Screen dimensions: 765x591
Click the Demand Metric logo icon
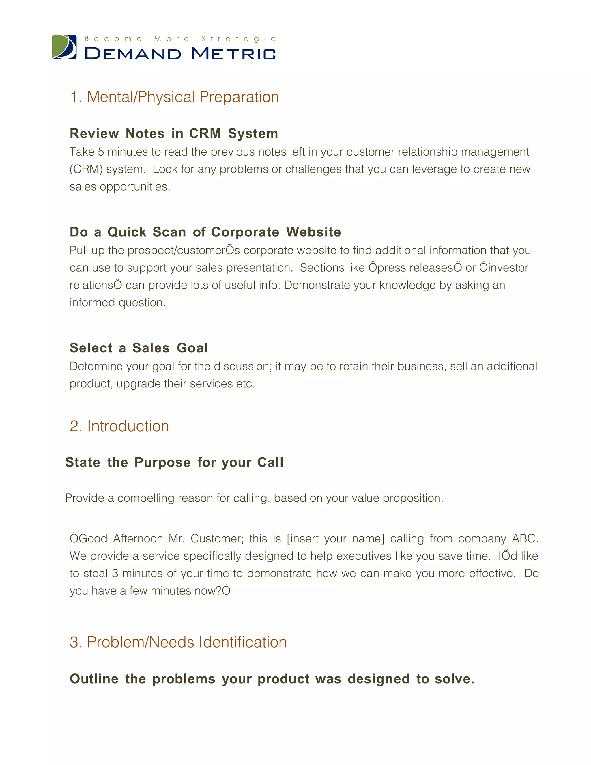[64, 47]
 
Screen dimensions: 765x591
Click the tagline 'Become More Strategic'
[180, 38]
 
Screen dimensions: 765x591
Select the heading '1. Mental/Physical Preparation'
[174, 97]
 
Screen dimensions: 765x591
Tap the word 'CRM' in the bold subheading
[205, 133]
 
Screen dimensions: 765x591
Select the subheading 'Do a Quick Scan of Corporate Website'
[205, 232]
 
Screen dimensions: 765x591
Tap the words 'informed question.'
[118, 303]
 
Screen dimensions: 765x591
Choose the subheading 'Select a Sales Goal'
[139, 348]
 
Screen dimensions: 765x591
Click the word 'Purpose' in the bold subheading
[162, 462]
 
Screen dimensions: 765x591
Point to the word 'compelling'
[146, 498]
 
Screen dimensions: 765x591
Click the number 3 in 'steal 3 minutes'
[115, 573]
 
